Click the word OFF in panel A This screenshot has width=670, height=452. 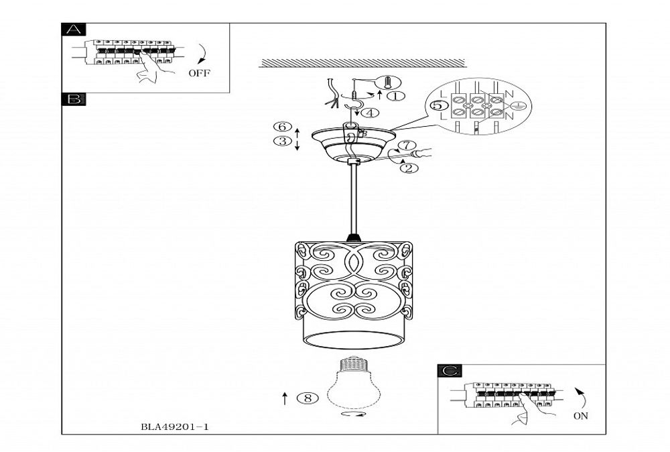(199, 73)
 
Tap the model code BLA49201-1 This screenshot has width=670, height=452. (171, 427)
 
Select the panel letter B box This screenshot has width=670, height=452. (73, 99)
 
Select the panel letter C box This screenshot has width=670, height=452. (449, 370)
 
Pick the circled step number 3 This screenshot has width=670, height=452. (282, 142)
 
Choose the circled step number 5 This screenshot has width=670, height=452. (436, 106)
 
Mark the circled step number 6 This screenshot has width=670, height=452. (282, 127)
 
